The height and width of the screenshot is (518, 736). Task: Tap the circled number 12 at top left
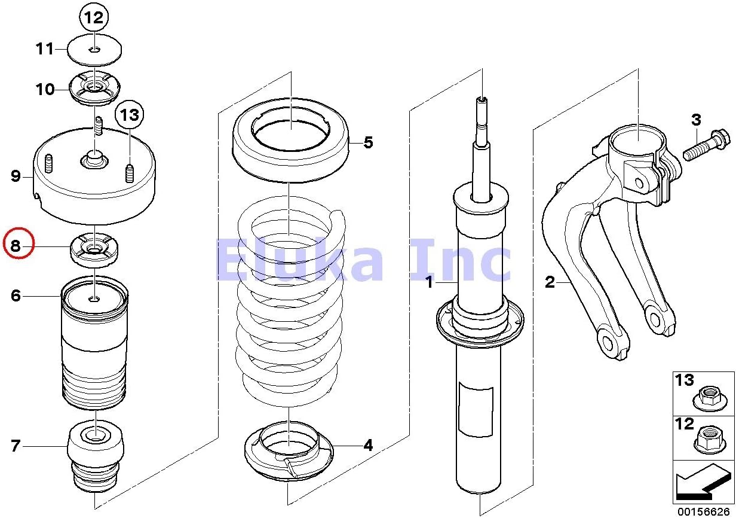click(x=94, y=18)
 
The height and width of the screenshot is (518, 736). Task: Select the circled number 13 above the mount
click(x=130, y=115)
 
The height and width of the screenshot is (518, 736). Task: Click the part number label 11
click(x=44, y=48)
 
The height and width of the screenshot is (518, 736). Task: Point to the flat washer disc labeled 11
click(x=94, y=48)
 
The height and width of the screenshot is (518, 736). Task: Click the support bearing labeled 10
click(x=94, y=90)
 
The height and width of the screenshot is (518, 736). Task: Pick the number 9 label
click(x=16, y=176)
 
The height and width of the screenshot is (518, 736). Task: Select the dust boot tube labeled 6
click(x=96, y=347)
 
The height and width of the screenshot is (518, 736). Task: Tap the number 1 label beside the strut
click(x=428, y=282)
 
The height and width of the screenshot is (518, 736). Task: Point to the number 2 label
click(x=550, y=282)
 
